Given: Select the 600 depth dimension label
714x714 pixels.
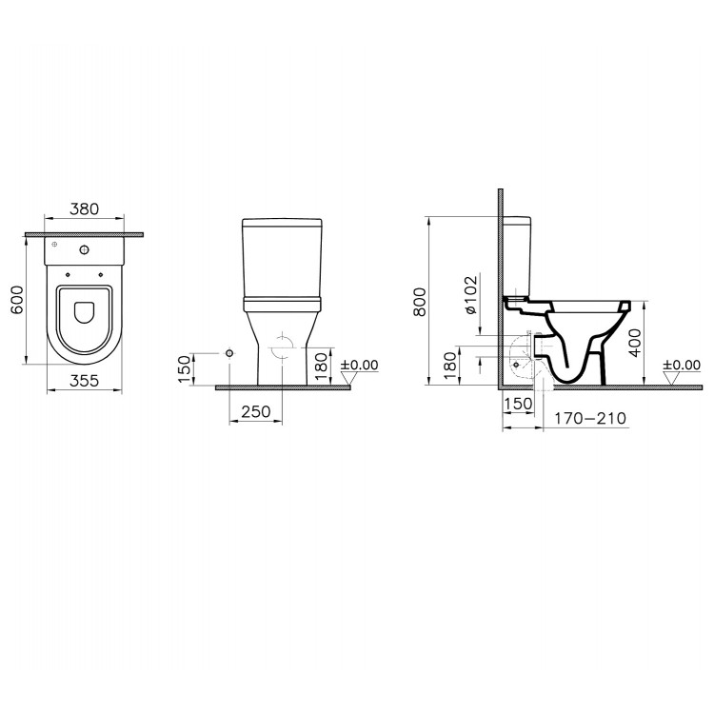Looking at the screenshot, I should (14, 299).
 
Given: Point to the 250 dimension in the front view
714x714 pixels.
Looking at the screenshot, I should (254, 411).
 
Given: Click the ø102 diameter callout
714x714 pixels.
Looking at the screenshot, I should (469, 297).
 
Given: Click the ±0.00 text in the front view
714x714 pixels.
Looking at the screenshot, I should (359, 365).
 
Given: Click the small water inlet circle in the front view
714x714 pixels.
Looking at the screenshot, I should (229, 354).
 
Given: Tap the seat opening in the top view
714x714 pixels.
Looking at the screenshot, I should (84, 311).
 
